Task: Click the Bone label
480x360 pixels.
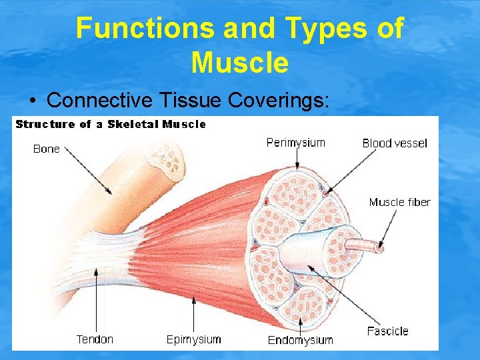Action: tap(47, 149)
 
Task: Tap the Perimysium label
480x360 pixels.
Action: tap(295, 142)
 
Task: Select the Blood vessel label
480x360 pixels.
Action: tap(395, 143)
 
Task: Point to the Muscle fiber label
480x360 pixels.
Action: tap(399, 202)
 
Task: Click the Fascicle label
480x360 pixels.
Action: tap(387, 331)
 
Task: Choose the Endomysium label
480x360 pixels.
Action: tap(300, 340)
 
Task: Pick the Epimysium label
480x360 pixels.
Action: tap(193, 339)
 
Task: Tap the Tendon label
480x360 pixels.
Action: tap(95, 339)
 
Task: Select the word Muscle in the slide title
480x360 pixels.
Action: tap(239, 63)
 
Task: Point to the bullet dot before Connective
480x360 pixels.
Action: tap(33, 101)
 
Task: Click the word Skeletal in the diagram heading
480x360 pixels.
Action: tap(133, 124)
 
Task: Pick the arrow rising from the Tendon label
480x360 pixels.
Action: tap(96, 300)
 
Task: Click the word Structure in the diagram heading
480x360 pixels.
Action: tap(45, 124)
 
